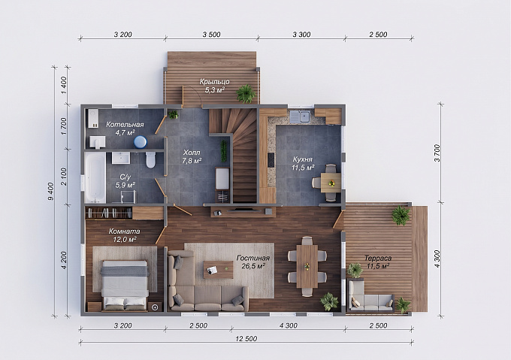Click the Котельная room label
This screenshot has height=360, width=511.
pyautogui.click(x=125, y=125)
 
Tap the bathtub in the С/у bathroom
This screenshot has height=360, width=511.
pyautogui.click(x=95, y=177)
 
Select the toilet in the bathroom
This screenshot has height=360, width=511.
pyautogui.click(x=150, y=159)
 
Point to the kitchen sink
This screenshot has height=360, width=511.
pyautogui.click(x=300, y=116)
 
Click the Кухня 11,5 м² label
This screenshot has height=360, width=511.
pyautogui.click(x=303, y=163)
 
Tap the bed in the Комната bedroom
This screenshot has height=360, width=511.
pyautogui.click(x=125, y=284)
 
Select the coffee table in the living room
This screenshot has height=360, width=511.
pyautogui.click(x=219, y=269)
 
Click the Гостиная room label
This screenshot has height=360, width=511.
pyautogui.click(x=253, y=258)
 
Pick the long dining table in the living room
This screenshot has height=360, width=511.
pyautogui.click(x=307, y=267)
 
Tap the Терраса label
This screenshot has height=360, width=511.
pyautogui.click(x=378, y=258)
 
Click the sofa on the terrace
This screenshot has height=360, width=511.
pyautogui.click(x=370, y=297)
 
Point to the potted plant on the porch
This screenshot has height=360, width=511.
pyautogui.click(x=246, y=94)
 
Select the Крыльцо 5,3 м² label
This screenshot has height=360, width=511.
pyautogui.click(x=215, y=86)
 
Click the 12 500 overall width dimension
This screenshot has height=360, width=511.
pyautogui.click(x=246, y=339)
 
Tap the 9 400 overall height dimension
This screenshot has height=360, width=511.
pyautogui.click(x=51, y=191)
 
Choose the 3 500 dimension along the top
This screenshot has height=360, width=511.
pyautogui.click(x=211, y=35)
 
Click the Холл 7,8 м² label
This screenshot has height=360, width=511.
pyautogui.click(x=192, y=156)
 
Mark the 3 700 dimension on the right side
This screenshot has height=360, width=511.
pyautogui.click(x=437, y=153)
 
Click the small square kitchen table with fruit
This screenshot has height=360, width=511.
pyautogui.click(x=331, y=183)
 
